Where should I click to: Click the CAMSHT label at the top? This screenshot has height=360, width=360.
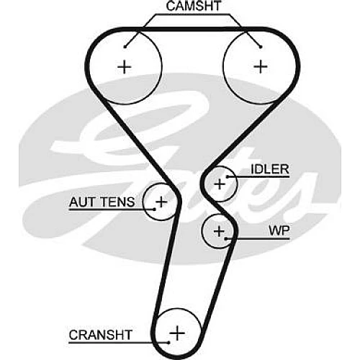(x=194, y=6)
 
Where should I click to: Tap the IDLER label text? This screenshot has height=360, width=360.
(x=270, y=169)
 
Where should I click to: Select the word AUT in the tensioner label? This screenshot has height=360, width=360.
(x=81, y=202)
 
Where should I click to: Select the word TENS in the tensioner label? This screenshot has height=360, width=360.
(x=117, y=202)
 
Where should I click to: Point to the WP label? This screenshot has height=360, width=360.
(x=279, y=230)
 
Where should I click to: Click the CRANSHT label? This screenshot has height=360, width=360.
(x=101, y=335)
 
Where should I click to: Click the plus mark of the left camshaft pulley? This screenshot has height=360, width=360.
(x=125, y=67)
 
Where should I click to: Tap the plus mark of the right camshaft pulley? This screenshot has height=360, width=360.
(x=261, y=66)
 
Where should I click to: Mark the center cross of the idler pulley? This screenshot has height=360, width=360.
(x=220, y=184)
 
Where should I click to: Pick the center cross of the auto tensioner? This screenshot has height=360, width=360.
(x=161, y=202)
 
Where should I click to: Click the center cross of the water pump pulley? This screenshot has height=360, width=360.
(x=219, y=232)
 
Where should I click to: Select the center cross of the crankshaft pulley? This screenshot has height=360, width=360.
(x=177, y=333)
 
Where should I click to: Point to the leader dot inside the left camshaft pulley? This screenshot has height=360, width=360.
(x=125, y=47)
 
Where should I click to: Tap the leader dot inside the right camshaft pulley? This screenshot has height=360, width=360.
(x=261, y=47)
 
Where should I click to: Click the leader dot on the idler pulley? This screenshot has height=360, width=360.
(x=227, y=177)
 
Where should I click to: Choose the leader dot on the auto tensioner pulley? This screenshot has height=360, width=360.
(x=155, y=210)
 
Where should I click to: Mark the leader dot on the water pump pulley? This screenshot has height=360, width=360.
(x=226, y=238)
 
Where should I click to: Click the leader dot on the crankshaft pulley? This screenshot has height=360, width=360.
(x=169, y=343)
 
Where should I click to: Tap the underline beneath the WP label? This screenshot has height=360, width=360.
(x=258, y=239)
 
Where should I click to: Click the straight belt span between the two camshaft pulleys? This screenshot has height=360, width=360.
(x=193, y=30)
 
